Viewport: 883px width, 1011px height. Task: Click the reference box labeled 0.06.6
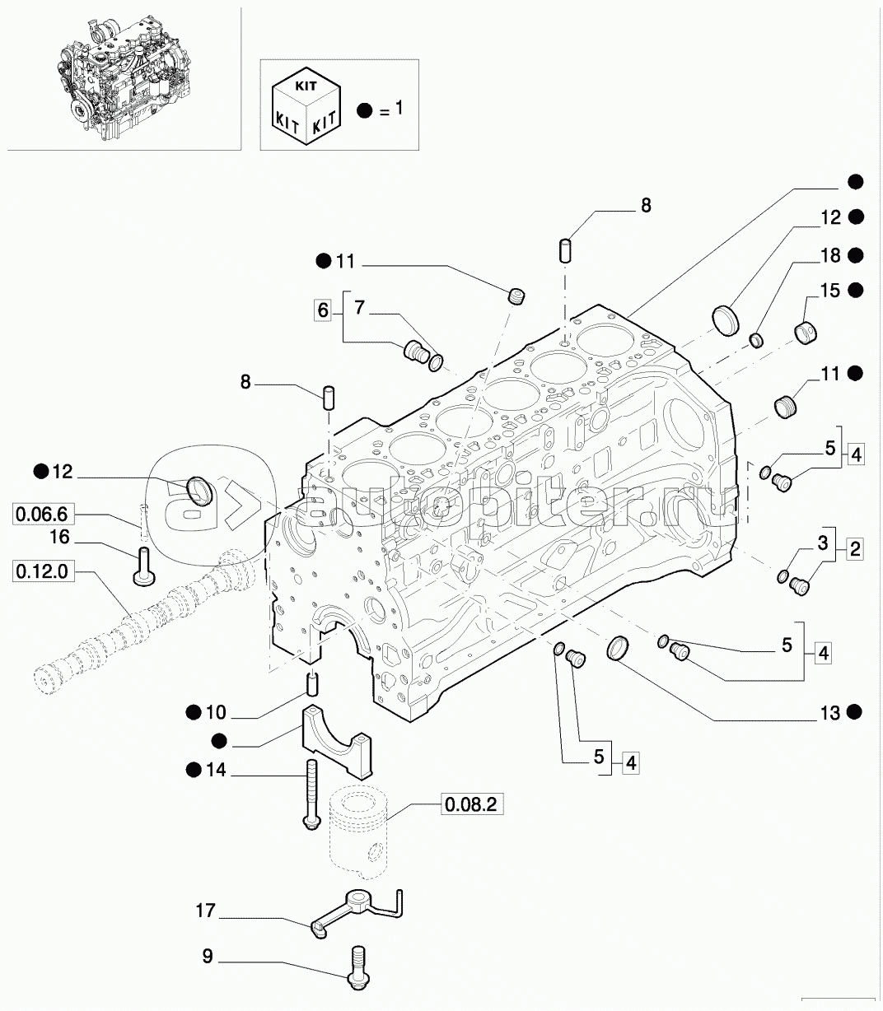tap(41, 514)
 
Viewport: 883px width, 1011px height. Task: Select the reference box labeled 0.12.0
tap(41, 571)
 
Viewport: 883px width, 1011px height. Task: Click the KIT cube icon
tap(306, 105)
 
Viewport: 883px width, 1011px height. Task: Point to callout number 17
tap(206, 911)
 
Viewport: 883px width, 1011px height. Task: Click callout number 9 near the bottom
tap(208, 956)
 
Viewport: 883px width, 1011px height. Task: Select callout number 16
tap(60, 537)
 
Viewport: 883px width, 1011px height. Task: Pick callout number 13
tap(830, 713)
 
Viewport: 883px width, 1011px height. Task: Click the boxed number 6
tap(323, 310)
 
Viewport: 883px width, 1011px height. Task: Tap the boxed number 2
tap(855, 549)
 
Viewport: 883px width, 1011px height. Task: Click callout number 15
tap(830, 291)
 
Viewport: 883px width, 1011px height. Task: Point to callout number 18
tap(830, 255)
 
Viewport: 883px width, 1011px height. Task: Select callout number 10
tap(216, 712)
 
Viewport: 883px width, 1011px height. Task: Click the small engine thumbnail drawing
tap(124, 82)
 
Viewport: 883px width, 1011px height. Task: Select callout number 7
tap(359, 307)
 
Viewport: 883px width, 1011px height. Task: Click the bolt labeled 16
tap(144, 566)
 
